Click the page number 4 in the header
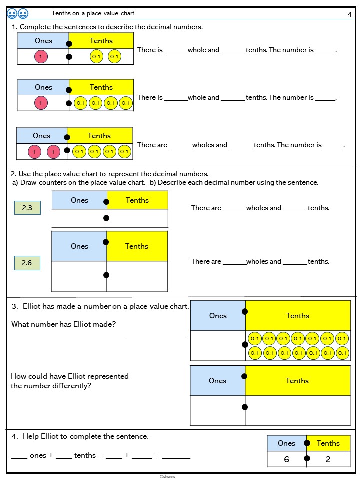350,14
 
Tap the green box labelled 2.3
27,208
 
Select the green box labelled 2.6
27,263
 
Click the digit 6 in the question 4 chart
286,459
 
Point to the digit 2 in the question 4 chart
328,459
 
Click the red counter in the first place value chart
41,56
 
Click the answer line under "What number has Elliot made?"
156,336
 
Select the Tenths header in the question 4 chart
328,443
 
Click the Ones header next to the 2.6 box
79,246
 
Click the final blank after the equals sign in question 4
176,458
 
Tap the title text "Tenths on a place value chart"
93,13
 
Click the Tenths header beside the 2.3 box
137,200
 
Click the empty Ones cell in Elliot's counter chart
218,345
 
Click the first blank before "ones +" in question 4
19,458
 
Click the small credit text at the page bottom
168,476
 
